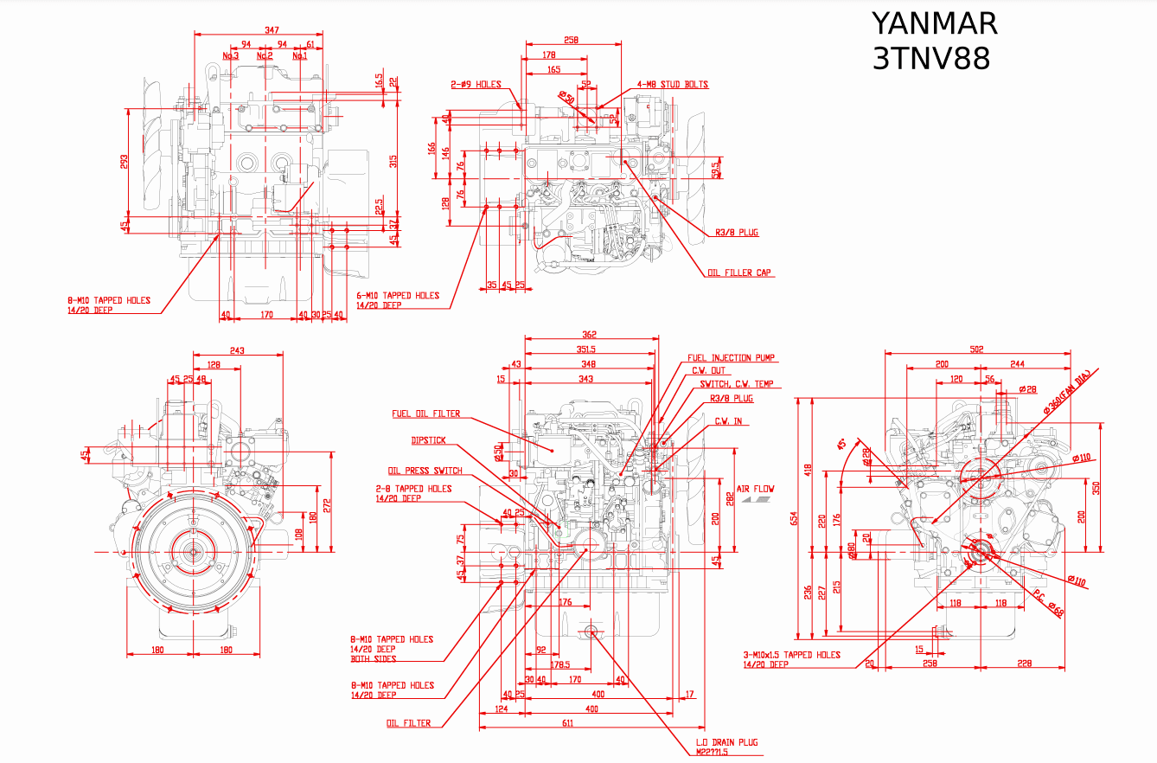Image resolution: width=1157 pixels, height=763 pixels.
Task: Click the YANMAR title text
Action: (x=933, y=23)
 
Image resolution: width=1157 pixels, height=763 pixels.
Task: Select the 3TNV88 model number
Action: (x=930, y=59)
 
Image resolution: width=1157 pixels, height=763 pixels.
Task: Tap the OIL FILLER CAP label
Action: (x=739, y=273)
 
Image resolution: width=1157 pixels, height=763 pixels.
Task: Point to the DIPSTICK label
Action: (x=429, y=440)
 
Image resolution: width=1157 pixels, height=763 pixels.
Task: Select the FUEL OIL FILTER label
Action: (x=425, y=414)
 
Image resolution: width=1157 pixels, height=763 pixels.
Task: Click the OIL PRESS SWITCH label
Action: (x=425, y=471)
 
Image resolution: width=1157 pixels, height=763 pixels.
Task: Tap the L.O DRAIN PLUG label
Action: (x=726, y=742)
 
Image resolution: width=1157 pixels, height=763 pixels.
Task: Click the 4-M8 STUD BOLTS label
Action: (x=672, y=85)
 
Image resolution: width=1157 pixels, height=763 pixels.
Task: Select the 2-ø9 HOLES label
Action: (x=476, y=85)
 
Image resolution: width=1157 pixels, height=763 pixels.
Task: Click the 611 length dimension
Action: (x=567, y=722)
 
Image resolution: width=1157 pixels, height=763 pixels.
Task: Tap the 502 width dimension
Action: (x=977, y=349)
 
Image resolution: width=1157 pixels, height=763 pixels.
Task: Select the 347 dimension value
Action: (x=272, y=30)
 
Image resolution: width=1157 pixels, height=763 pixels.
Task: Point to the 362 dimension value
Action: (x=589, y=334)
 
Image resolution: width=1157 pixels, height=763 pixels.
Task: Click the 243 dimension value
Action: (x=237, y=350)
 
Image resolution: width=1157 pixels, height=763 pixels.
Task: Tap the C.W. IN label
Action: (x=727, y=421)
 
